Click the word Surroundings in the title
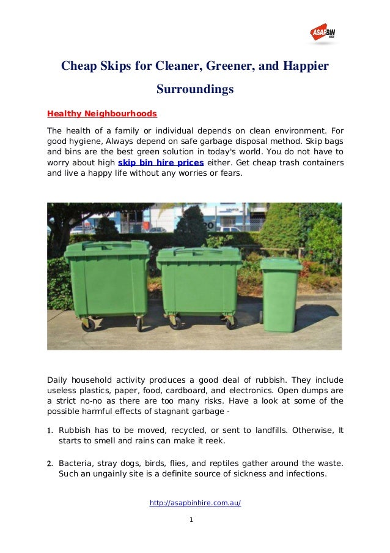195,89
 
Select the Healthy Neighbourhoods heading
102,114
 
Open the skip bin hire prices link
161,163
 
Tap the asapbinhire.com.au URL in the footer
195,503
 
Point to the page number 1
191,520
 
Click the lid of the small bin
281,264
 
